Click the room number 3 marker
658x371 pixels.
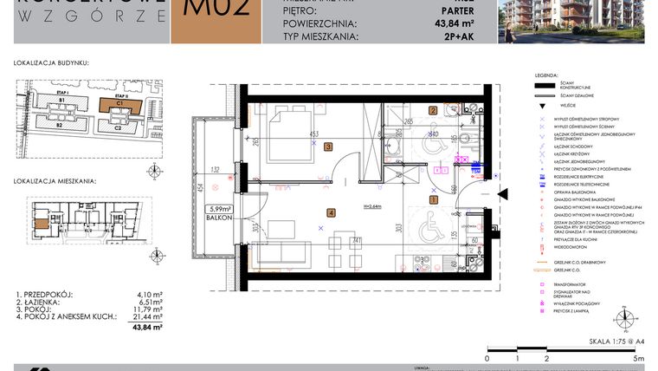[328, 147]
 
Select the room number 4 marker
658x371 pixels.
[331, 212]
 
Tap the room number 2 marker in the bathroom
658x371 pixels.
[433, 110]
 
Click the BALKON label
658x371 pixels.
[216, 219]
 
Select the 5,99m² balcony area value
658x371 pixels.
[217, 209]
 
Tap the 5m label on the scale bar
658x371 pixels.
[637, 357]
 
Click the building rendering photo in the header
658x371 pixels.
[577, 21]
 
